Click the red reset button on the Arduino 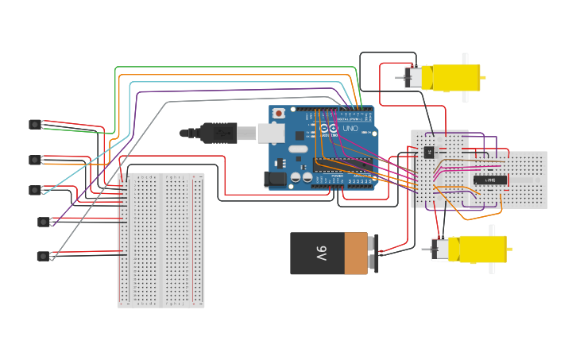pos(278,114)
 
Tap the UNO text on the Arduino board pos(350,128)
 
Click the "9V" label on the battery pos(321,254)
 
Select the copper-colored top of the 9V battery pos(356,254)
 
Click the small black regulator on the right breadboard pos(430,151)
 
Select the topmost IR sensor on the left pos(34,124)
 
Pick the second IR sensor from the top pos(34,160)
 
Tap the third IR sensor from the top pos(34,190)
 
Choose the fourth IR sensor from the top pos(42,222)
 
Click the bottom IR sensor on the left pos(42,256)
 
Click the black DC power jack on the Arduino pos(276,180)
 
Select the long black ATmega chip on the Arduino pos(342,165)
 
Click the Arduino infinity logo pos(328,129)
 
